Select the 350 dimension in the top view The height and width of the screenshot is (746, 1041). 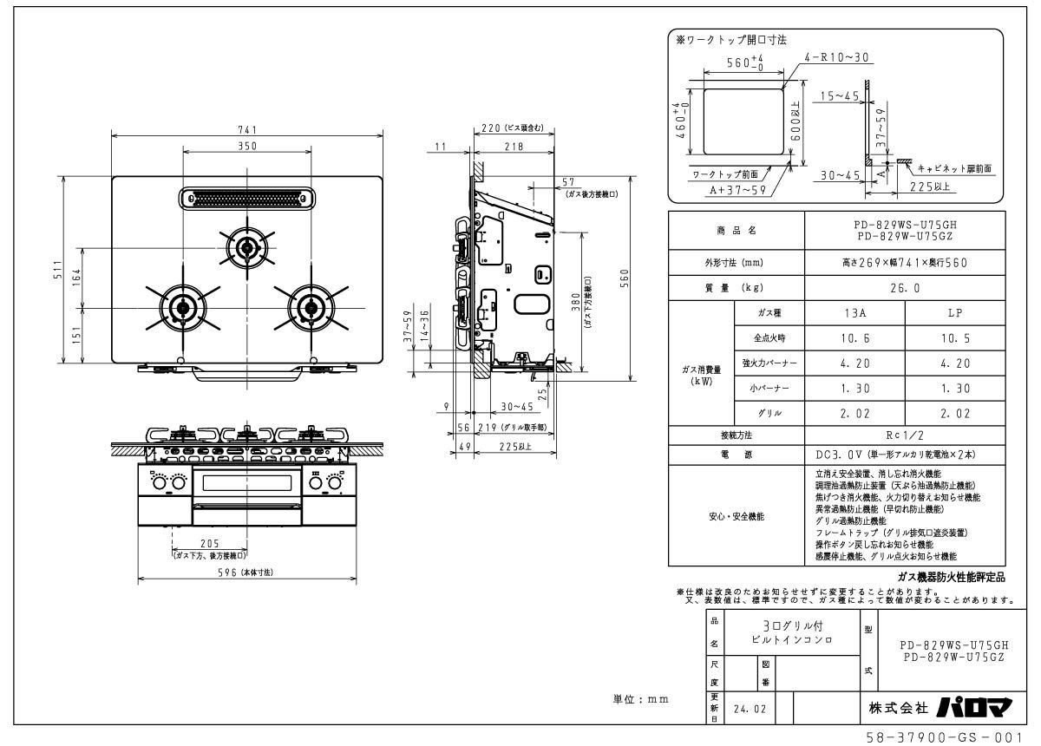(248, 146)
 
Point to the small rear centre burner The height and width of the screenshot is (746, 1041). (248, 248)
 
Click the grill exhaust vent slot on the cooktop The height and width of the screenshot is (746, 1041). (248, 198)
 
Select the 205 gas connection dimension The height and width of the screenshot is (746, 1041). (208, 545)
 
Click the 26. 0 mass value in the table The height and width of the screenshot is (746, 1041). (905, 287)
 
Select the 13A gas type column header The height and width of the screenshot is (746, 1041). (854, 312)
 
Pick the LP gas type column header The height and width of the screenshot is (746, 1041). (954, 312)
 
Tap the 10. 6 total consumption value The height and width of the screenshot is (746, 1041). (854, 337)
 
